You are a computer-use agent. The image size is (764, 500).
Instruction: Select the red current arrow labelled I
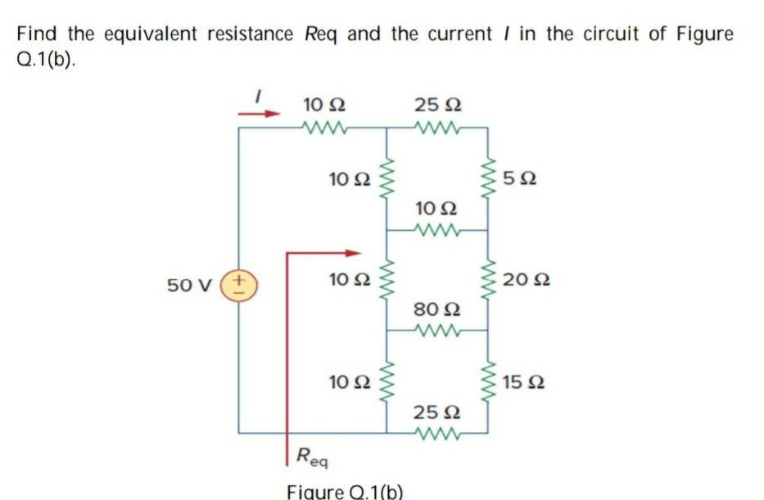(260, 114)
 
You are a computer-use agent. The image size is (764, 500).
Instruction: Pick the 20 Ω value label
(527, 281)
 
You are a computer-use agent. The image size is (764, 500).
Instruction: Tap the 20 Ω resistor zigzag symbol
(489, 281)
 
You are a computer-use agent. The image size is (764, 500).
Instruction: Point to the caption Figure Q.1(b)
(345, 491)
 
